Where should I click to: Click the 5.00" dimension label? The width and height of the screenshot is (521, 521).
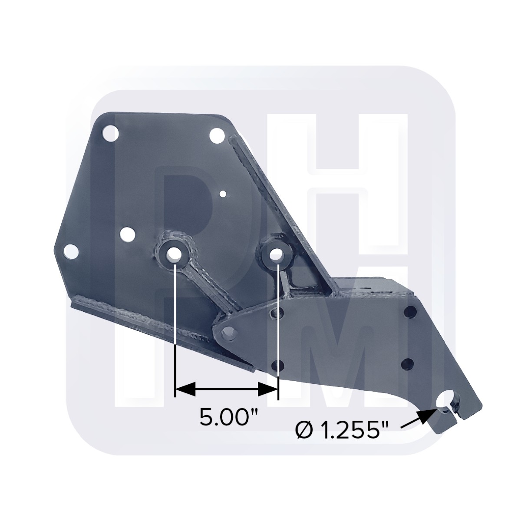point(228,418)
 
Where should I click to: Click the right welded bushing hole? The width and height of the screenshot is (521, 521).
point(275,254)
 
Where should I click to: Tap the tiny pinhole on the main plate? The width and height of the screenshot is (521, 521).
point(223,194)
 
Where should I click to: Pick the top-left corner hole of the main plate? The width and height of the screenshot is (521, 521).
point(111,132)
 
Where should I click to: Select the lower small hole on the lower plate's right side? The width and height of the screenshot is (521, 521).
point(408,363)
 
